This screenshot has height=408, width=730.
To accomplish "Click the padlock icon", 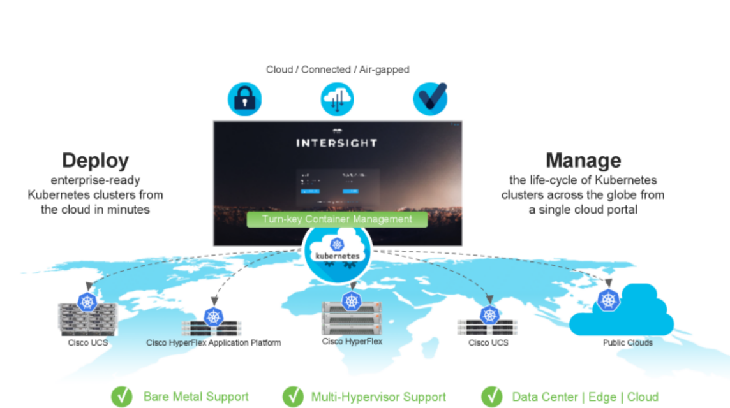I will pyautogui.click(x=245, y=99).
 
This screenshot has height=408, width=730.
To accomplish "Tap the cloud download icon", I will pyautogui.click(x=337, y=99).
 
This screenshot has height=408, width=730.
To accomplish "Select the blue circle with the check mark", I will pyautogui.click(x=429, y=99).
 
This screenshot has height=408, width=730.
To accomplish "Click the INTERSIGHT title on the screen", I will pyautogui.click(x=336, y=143).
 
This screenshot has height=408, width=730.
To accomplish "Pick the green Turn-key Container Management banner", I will pyautogui.click(x=338, y=219).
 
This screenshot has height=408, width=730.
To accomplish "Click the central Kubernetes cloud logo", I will pyautogui.click(x=337, y=251).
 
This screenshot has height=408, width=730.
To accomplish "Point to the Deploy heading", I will pyautogui.click(x=95, y=161).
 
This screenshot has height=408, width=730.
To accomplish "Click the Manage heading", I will pyautogui.click(x=583, y=161).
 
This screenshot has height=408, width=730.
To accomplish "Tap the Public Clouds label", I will pyautogui.click(x=628, y=343).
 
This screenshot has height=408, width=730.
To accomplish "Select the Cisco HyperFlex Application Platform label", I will pyautogui.click(x=214, y=343).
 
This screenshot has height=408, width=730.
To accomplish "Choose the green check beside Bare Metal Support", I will pyautogui.click(x=122, y=397).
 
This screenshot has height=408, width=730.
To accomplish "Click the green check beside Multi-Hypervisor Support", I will pyautogui.click(x=293, y=397).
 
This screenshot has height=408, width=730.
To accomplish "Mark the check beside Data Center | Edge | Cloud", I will pyautogui.click(x=491, y=397).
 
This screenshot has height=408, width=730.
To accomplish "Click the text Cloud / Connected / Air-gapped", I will pyautogui.click(x=338, y=69).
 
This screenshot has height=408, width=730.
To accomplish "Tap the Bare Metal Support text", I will pyautogui.click(x=196, y=397).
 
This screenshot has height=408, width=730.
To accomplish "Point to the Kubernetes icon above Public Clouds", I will pyautogui.click(x=608, y=299).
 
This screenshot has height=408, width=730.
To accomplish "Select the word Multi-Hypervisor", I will pyautogui.click(x=353, y=397).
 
